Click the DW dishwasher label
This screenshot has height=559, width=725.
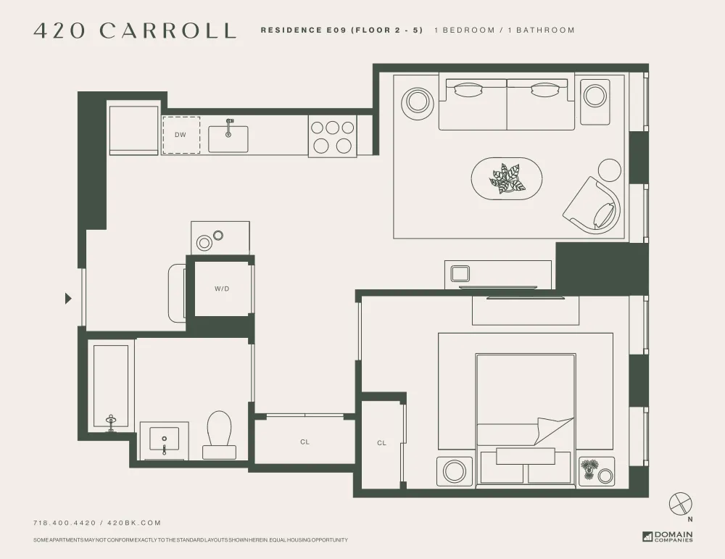click(x=181, y=135)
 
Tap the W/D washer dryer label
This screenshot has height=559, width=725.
click(x=222, y=289)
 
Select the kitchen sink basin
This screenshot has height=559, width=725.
click(x=228, y=139)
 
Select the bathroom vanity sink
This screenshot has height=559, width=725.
click(x=165, y=440)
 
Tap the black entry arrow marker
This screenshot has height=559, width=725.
click(x=69, y=298)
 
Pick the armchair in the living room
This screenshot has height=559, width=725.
click(x=593, y=205)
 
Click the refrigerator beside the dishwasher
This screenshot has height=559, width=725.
click(x=133, y=131)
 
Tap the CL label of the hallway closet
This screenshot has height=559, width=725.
click(x=304, y=442)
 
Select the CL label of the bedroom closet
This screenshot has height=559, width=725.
click(x=381, y=443)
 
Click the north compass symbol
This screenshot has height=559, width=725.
click(x=681, y=502)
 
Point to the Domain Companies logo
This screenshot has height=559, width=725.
click(x=667, y=537)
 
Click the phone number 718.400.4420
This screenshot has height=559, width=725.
click(x=62, y=523)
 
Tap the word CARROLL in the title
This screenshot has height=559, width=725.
click(x=168, y=30)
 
